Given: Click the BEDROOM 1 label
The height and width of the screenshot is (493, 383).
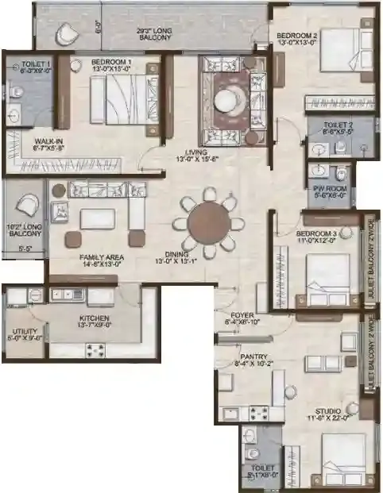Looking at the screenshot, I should pos(111,61).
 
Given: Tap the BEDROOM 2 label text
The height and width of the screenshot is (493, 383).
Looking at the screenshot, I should pos(297,37).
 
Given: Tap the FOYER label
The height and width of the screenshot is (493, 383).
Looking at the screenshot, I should pos(236,316).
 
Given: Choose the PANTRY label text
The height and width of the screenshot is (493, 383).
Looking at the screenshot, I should pos(253,357).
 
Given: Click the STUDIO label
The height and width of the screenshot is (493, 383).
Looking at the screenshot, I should pos(328,411).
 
